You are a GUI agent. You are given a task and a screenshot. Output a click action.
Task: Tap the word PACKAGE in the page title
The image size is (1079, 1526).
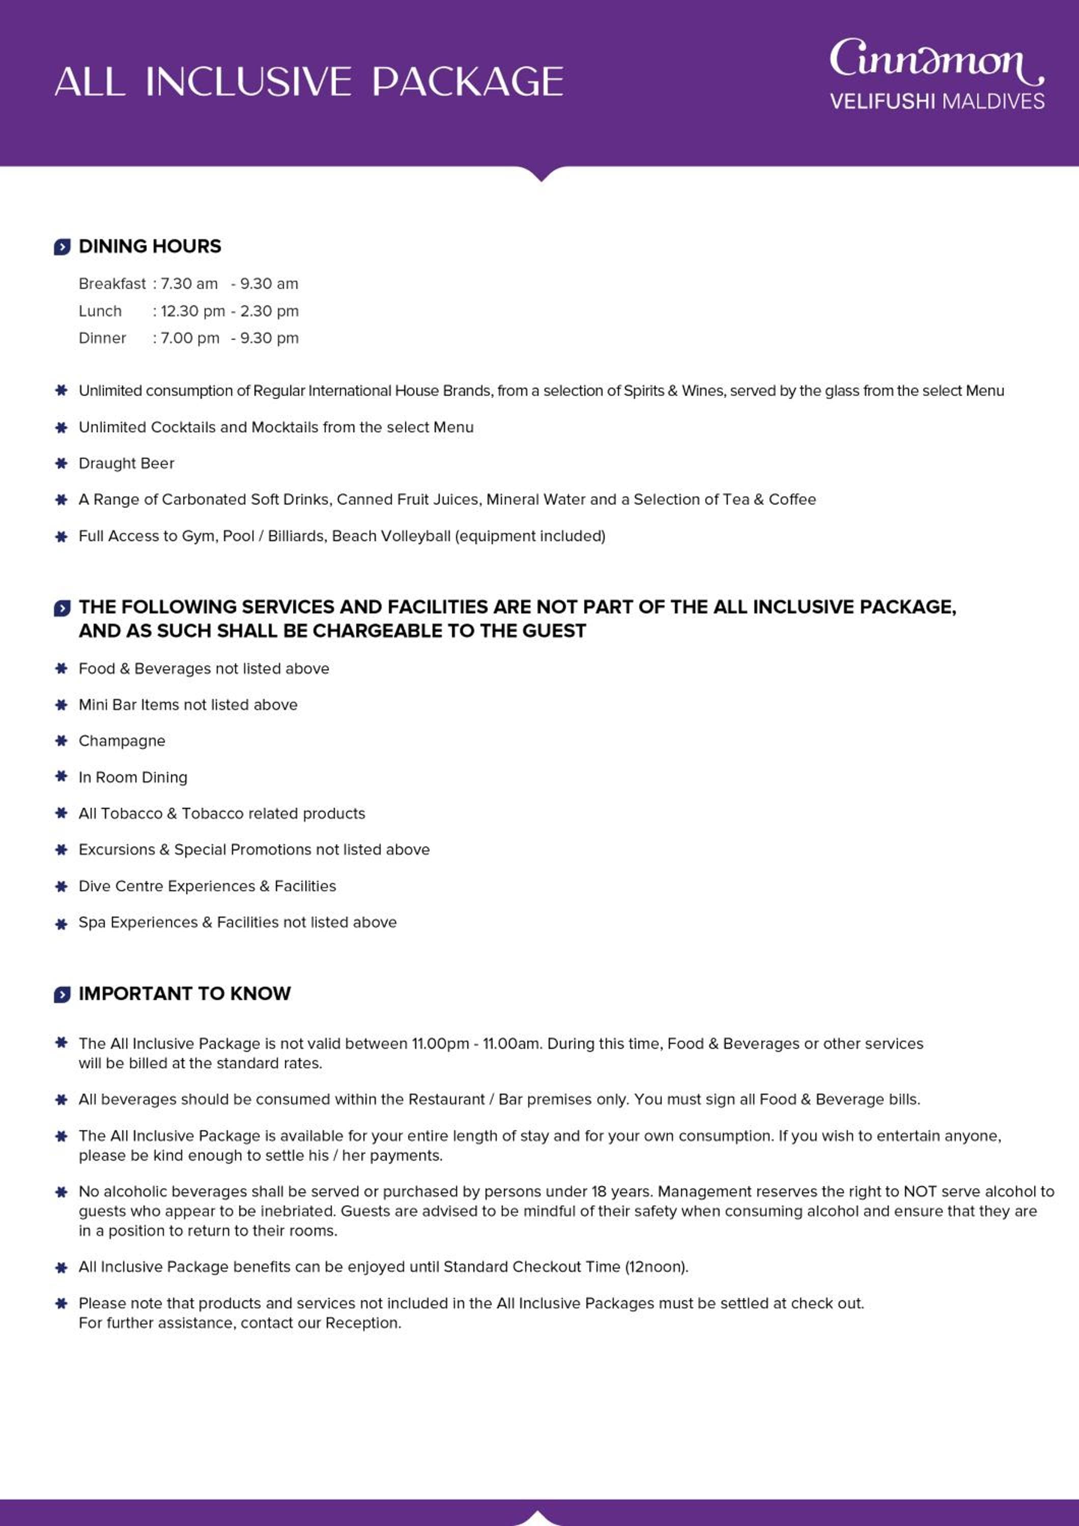(x=467, y=82)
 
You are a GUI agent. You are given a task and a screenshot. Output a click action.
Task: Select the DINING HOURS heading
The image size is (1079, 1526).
(x=150, y=247)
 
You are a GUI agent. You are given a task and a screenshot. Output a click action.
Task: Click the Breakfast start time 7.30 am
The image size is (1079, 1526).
(x=189, y=284)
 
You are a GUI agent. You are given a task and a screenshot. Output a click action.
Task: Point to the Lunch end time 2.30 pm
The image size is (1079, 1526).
(x=269, y=311)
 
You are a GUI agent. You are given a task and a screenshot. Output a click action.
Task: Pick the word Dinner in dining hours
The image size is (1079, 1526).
(x=102, y=338)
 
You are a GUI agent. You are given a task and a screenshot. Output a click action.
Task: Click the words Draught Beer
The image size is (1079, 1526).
(x=126, y=463)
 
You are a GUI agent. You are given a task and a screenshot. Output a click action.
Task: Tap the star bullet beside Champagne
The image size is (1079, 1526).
(x=61, y=741)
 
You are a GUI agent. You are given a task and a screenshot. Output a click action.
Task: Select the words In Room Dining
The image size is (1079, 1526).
(x=133, y=777)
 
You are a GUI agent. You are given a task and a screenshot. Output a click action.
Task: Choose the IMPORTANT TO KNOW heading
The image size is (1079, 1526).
(x=185, y=993)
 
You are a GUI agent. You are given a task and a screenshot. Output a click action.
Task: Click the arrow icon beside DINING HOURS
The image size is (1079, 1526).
(x=62, y=247)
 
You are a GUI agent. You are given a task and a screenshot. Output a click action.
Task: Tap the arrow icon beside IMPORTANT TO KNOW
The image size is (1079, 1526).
(x=62, y=994)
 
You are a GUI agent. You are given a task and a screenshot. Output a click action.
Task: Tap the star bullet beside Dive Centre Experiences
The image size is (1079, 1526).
(x=61, y=886)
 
